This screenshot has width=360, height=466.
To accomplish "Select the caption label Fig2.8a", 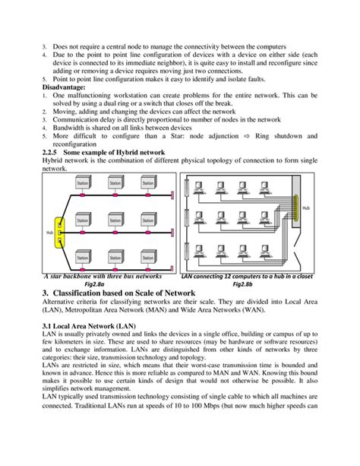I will (x=99, y=284).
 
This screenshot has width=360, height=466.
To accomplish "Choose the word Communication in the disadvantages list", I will (x=79, y=119).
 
